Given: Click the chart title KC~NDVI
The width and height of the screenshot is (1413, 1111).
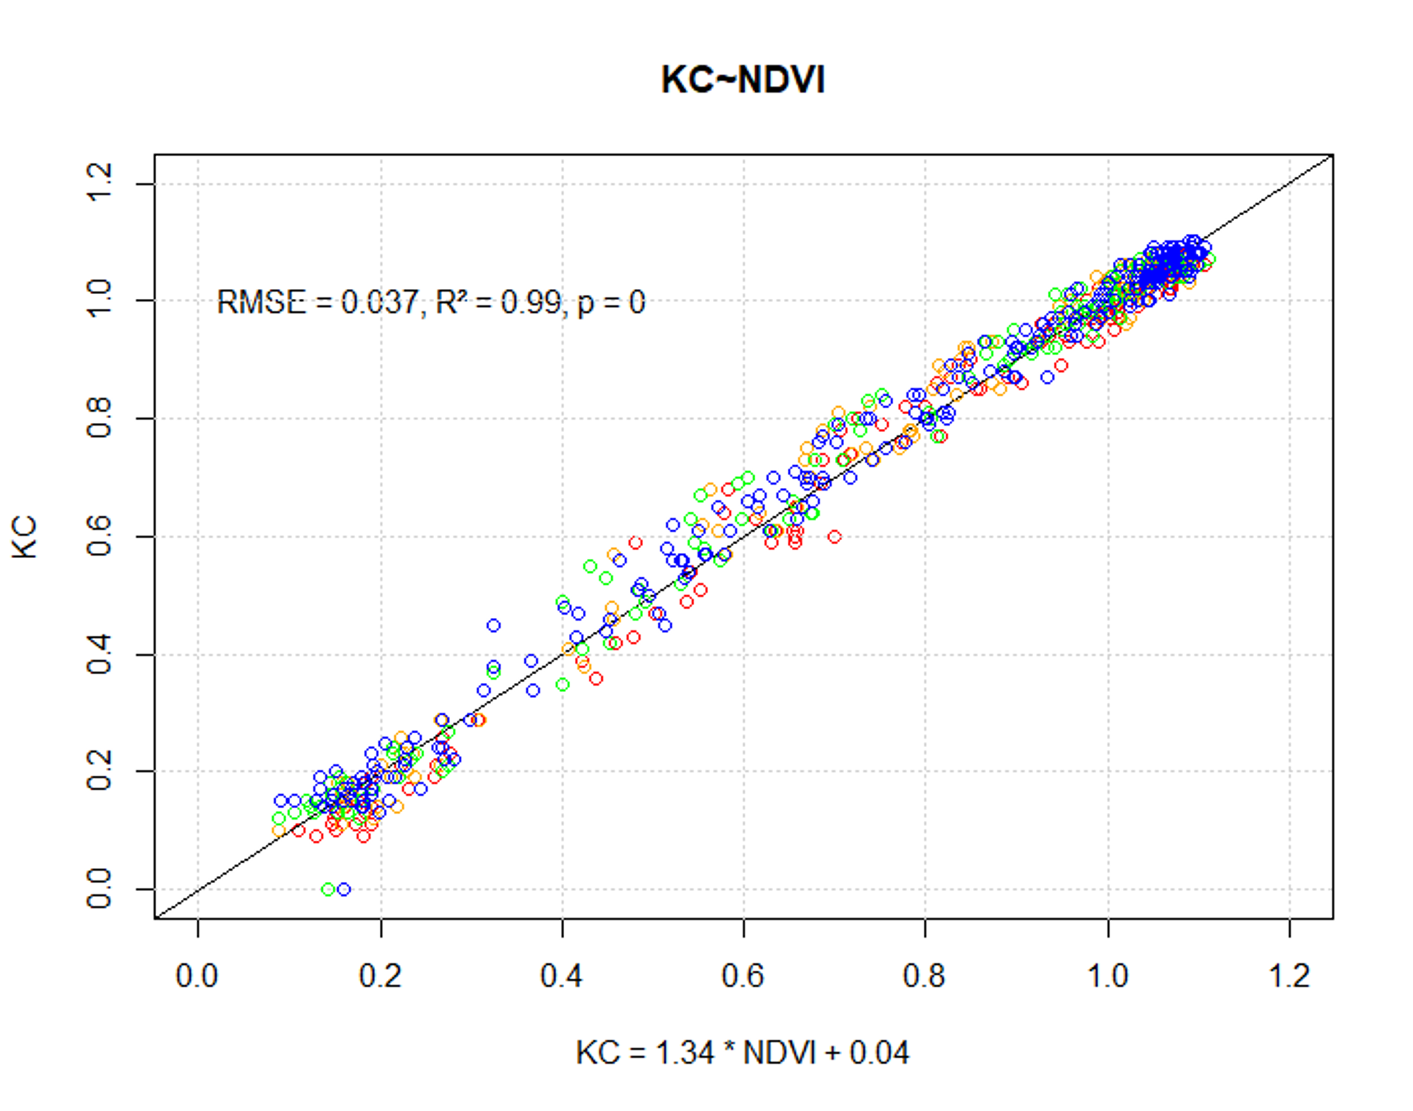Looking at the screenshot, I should (742, 81).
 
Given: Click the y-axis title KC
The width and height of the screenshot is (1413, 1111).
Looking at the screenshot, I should (26, 537).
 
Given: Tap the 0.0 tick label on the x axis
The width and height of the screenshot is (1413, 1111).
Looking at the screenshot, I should (197, 976).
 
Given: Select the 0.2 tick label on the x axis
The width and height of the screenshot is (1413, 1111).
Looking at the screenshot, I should (380, 976).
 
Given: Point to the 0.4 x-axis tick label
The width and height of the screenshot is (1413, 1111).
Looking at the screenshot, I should (561, 976).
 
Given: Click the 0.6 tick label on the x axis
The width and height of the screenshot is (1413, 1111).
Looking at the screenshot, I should (742, 976).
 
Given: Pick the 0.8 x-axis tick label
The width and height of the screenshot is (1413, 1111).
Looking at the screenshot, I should (924, 976).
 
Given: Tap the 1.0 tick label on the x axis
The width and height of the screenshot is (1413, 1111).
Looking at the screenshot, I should (1107, 976).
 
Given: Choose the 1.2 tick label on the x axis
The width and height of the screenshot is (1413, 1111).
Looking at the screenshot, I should (1289, 976).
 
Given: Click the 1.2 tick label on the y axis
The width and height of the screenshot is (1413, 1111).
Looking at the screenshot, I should (99, 183).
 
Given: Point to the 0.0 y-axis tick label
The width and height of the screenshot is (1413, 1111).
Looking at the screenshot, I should (99, 889).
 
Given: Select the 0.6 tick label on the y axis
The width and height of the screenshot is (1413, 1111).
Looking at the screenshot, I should (99, 536).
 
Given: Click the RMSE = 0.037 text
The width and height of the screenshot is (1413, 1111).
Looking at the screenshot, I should (318, 302).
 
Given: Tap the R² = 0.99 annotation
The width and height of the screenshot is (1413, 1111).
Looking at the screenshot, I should (498, 302).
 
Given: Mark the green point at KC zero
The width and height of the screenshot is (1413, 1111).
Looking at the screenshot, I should (328, 889).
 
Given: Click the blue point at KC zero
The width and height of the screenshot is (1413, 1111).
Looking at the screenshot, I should (344, 889).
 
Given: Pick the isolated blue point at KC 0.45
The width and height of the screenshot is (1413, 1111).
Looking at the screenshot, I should (493, 625).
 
